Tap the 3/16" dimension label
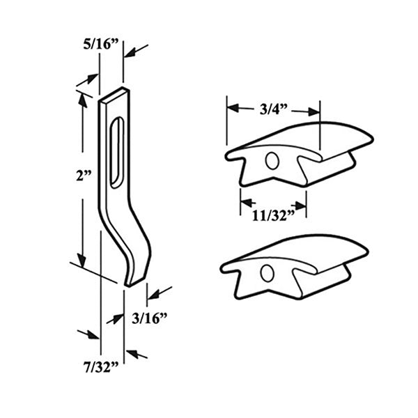coord(150,320)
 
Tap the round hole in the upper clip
coord(272,161)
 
